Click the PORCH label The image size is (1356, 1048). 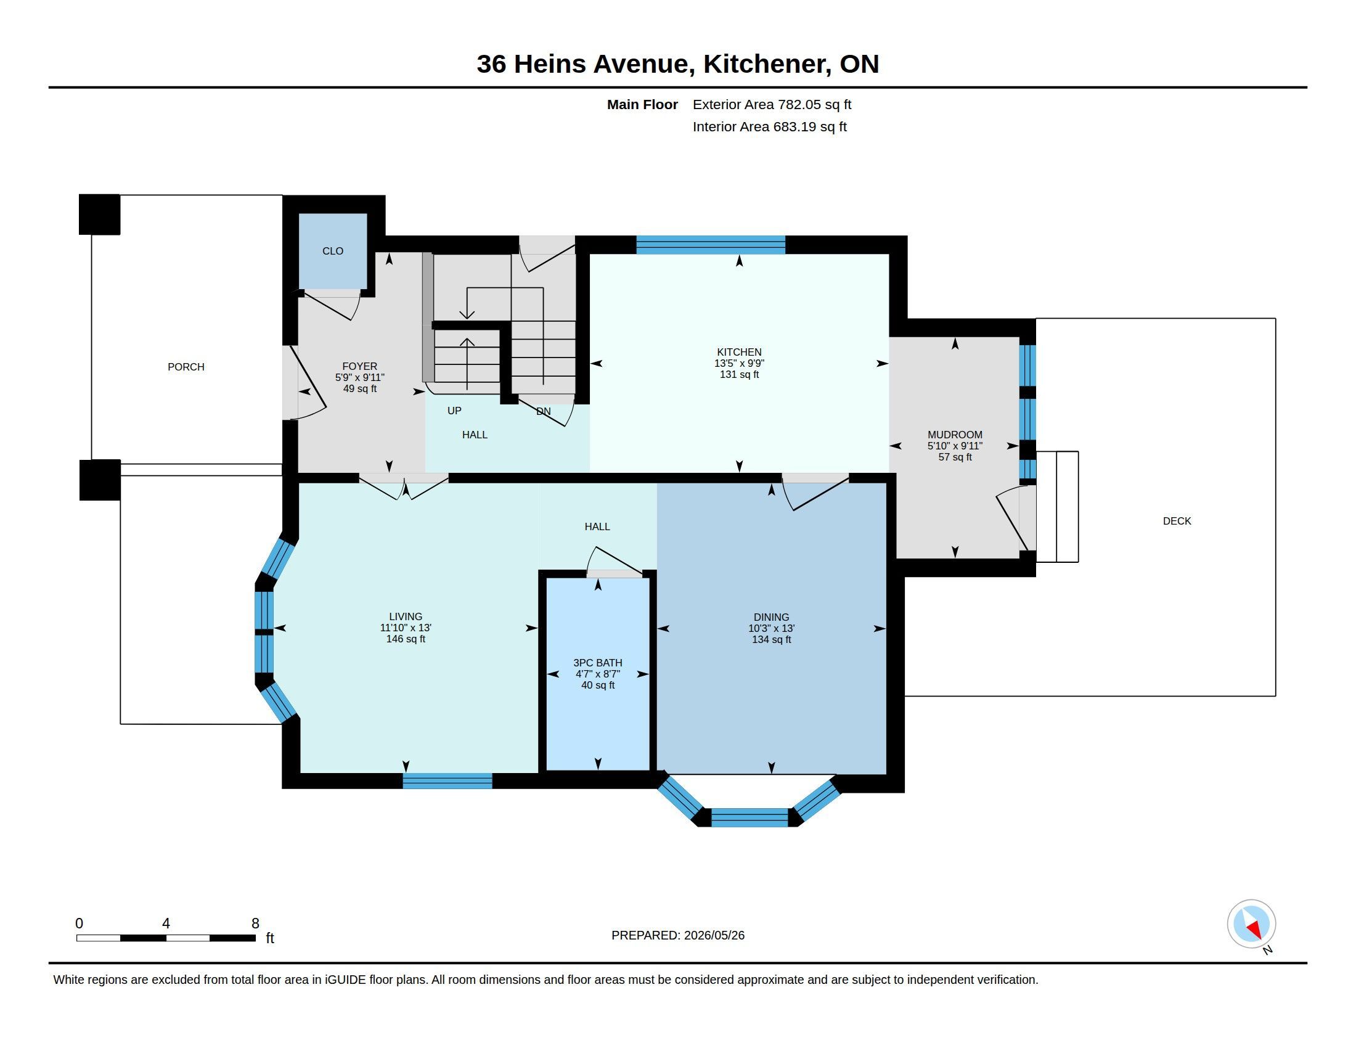(x=186, y=367)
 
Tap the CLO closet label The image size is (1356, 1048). (x=333, y=251)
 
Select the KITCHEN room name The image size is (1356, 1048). (x=739, y=352)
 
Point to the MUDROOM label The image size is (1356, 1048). (x=955, y=435)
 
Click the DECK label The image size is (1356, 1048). (x=1177, y=521)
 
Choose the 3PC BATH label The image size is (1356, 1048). (x=597, y=663)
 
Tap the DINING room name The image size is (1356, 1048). (x=771, y=617)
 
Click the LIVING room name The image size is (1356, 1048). (x=406, y=616)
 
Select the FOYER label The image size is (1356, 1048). (x=359, y=366)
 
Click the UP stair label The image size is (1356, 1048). (x=454, y=411)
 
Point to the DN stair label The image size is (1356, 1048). (x=543, y=411)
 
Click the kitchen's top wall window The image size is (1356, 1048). (x=711, y=245)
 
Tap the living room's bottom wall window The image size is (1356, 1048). (x=447, y=781)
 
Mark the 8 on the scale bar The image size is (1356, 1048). (x=255, y=923)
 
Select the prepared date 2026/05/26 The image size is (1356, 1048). (x=714, y=935)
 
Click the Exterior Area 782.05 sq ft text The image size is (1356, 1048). (x=772, y=104)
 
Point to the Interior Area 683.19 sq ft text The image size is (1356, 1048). (x=769, y=126)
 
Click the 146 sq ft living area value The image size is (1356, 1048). (x=406, y=639)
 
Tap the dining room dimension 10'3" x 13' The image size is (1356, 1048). (x=771, y=628)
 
